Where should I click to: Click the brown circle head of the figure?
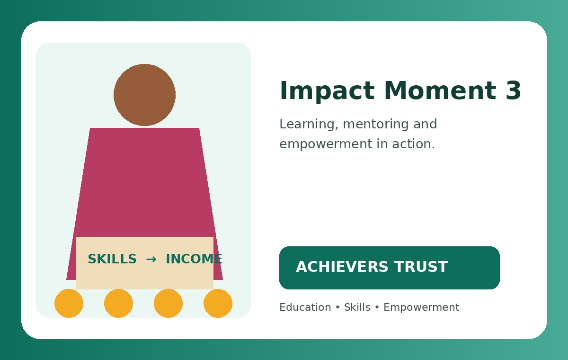coord(144,95)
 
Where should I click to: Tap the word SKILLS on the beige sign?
coord(112,259)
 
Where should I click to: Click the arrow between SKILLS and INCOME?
coord(151,259)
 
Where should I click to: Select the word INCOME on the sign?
coord(194,259)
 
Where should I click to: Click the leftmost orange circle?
coord(69,303)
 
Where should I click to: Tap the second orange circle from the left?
coord(118,303)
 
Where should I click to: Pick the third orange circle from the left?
coord(168,303)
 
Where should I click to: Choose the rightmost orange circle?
coord(218,303)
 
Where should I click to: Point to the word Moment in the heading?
coord(440,90)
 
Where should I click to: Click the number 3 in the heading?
coord(513,90)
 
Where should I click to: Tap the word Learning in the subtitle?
coord(309,124)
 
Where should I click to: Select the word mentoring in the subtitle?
coord(376,124)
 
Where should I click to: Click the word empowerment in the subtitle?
coord(326,144)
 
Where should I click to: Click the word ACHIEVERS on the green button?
coord(342,267)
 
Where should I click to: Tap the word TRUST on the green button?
coord(421,267)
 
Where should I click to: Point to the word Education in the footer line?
coord(305,307)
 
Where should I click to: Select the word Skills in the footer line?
coord(357,307)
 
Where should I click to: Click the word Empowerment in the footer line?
coord(421,308)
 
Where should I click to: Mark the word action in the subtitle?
coord(414,144)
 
